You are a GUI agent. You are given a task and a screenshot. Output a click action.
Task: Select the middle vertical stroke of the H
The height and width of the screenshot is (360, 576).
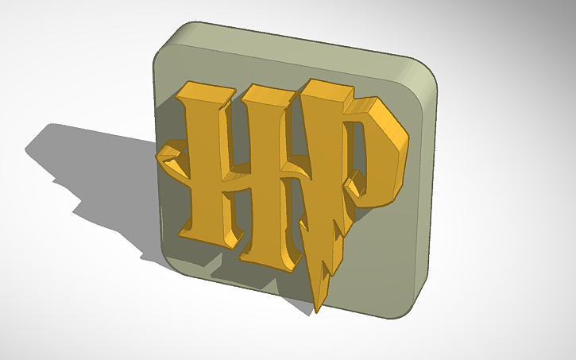pyautogui.click(x=263, y=175)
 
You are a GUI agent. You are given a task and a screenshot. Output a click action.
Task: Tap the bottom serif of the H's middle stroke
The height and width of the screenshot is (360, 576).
pyautogui.click(x=262, y=256)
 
